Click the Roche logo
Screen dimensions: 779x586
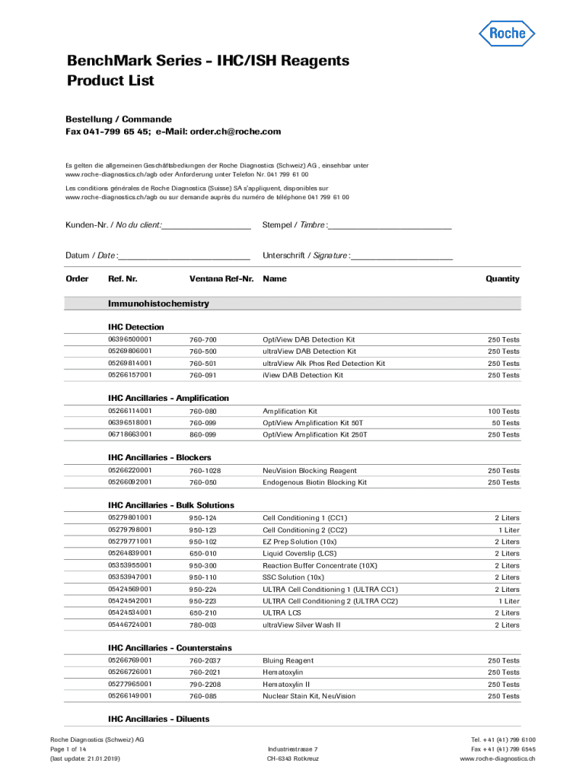pos(506,33)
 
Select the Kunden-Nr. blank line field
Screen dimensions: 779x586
pos(206,226)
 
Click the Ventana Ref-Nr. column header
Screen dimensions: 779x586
pos(221,279)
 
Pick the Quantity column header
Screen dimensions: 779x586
pos(502,279)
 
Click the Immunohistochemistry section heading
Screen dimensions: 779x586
pos(158,304)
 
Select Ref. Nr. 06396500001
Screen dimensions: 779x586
pos(130,339)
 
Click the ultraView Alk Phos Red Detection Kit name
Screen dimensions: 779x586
pos(323,364)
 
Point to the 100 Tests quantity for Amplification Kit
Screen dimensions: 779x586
pos(503,412)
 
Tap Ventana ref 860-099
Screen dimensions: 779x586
pos(202,435)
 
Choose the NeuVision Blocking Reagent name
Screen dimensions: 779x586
pos(310,471)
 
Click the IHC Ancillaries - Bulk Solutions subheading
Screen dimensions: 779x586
pos(171,505)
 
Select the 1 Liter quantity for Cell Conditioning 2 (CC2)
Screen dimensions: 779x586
pos(508,530)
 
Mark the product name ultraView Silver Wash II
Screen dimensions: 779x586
pos(301,625)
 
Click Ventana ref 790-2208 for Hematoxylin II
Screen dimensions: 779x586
pos(205,685)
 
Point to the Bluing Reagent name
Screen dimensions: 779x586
pos(288,661)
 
